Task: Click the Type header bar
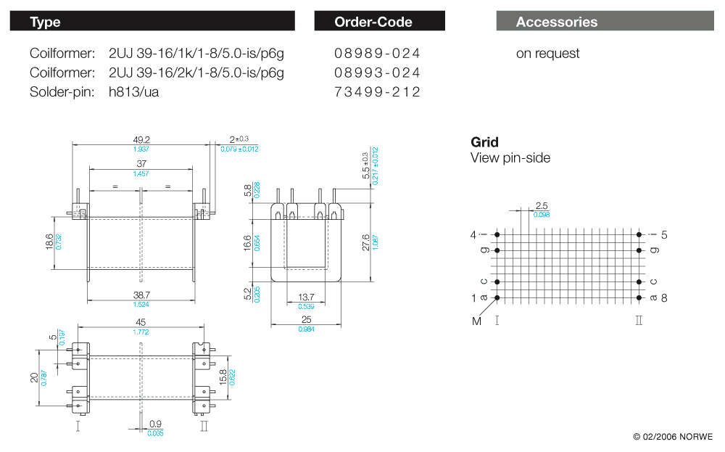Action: pyautogui.click(x=152, y=22)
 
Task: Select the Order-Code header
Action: pyautogui.click(x=379, y=22)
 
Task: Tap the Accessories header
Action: pyautogui.click(x=605, y=22)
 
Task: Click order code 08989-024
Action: pyautogui.click(x=377, y=54)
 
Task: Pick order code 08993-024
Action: pyautogui.click(x=377, y=73)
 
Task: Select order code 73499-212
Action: pyautogui.click(x=377, y=91)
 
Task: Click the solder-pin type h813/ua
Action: pyautogui.click(x=133, y=91)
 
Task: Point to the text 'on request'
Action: pyautogui.click(x=547, y=54)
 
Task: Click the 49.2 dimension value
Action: pyautogui.click(x=141, y=139)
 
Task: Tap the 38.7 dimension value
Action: pyautogui.click(x=141, y=295)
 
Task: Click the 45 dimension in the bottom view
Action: pyautogui.click(x=141, y=323)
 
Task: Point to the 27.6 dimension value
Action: pyautogui.click(x=365, y=242)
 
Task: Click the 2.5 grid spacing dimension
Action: pyautogui.click(x=541, y=206)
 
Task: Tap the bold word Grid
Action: pyautogui.click(x=484, y=142)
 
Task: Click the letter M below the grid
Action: pyautogui.click(x=476, y=321)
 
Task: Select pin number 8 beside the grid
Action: pyautogui.click(x=664, y=297)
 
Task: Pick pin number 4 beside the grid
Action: pyautogui.click(x=473, y=234)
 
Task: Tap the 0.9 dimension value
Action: pyautogui.click(x=155, y=424)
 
